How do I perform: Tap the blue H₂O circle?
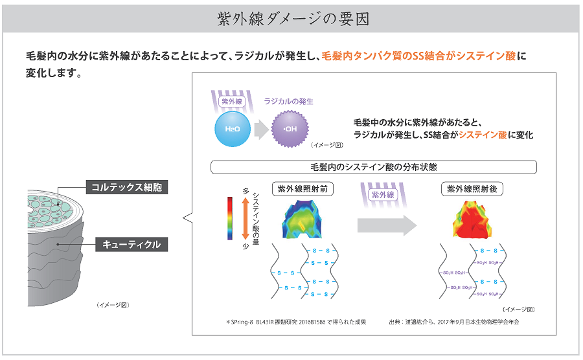[x=232, y=129]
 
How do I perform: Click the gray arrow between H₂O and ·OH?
[x=260, y=129]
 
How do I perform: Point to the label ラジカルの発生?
[x=288, y=102]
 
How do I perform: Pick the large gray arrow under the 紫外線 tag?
[x=387, y=224]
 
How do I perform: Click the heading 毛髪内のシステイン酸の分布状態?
[x=374, y=167]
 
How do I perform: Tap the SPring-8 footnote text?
[x=296, y=322]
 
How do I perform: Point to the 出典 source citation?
[x=453, y=322]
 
